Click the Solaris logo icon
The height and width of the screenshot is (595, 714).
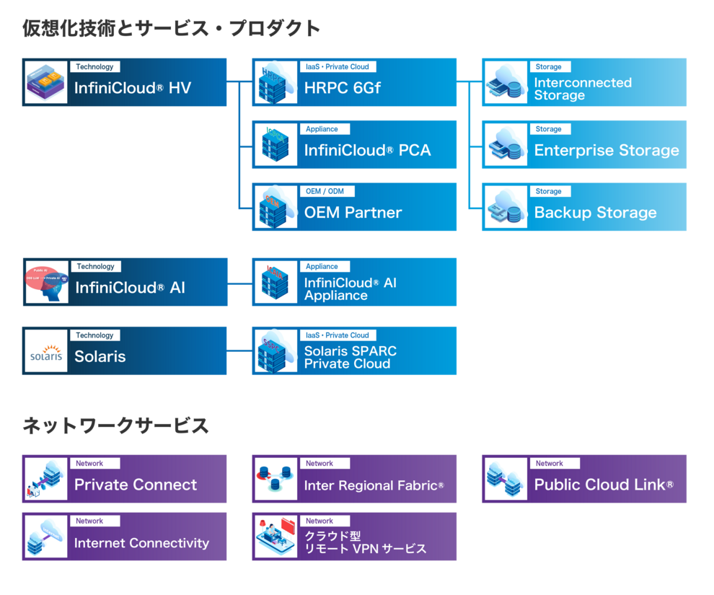[x=46, y=351]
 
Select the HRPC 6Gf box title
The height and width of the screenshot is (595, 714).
[x=342, y=88]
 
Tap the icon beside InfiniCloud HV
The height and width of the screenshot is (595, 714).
[x=46, y=82]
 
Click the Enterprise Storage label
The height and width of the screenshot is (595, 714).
[x=606, y=151]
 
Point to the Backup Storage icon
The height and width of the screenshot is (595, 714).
[x=506, y=207]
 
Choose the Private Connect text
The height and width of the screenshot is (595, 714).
[x=136, y=485]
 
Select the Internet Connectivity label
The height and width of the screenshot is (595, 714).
[x=141, y=543]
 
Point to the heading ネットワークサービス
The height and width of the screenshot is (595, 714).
[x=116, y=426]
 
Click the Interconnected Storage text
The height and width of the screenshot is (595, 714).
[x=582, y=89]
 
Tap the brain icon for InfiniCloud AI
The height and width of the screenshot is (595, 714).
[x=47, y=282]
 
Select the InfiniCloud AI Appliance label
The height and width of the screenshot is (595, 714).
[x=350, y=289]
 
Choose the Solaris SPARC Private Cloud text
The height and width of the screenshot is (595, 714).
[x=350, y=357]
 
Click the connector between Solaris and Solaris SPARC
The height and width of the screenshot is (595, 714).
[x=239, y=351]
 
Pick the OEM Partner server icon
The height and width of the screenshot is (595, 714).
[x=275, y=207]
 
